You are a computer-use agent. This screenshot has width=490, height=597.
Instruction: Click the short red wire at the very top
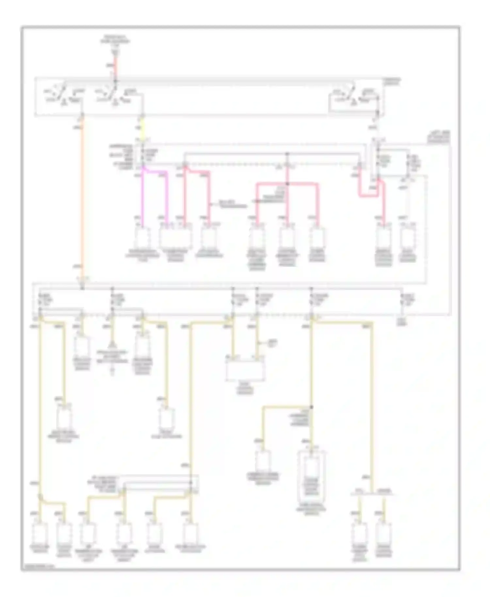[115, 65]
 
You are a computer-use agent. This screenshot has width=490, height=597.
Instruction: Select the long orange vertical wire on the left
[82, 196]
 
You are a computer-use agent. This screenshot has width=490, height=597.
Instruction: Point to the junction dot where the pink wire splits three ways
[287, 184]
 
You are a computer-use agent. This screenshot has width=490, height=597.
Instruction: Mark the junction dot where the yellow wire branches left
[311, 407]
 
